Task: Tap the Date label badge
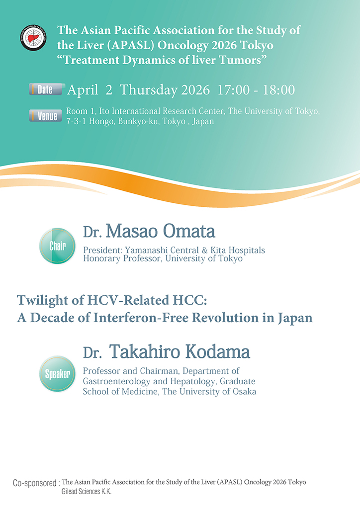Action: [47, 90]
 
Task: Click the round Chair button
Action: [57, 246]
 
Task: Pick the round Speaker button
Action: [57, 374]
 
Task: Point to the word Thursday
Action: [149, 90]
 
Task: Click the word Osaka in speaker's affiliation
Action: [243, 391]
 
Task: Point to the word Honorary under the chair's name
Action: [100, 258]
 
